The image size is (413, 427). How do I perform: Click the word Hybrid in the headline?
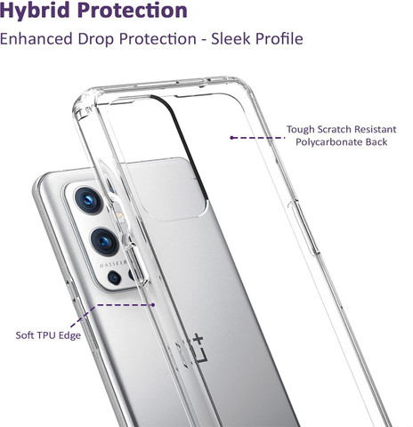(x=36, y=11)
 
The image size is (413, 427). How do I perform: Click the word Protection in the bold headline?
(x=133, y=11)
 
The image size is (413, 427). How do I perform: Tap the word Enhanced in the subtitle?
(x=36, y=39)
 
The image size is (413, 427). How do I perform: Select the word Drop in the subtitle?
(x=96, y=39)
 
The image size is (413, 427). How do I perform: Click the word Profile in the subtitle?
(x=279, y=39)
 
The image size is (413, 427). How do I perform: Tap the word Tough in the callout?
(x=299, y=130)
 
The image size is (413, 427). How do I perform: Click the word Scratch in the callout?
(x=334, y=129)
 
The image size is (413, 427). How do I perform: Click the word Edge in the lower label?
(x=69, y=335)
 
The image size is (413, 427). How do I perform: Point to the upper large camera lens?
(x=88, y=201)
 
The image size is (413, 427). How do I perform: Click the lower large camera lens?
(x=104, y=242)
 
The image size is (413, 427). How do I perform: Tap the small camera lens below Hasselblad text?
(x=114, y=278)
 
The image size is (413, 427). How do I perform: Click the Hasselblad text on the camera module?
(x=113, y=264)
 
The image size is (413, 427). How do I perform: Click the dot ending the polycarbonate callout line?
(x=231, y=138)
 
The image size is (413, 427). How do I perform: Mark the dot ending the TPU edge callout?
(x=153, y=304)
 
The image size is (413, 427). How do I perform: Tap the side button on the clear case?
(x=304, y=227)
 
